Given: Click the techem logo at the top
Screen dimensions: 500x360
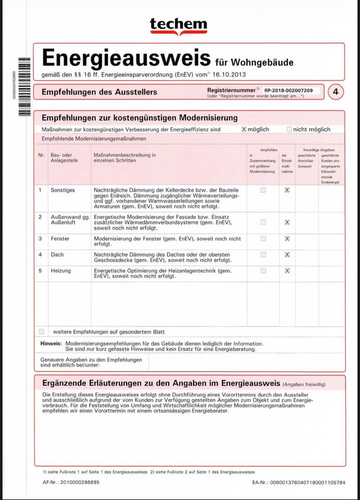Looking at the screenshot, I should (x=178, y=26).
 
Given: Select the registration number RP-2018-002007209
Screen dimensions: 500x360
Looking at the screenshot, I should (x=288, y=91).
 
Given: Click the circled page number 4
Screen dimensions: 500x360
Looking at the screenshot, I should (x=336, y=92).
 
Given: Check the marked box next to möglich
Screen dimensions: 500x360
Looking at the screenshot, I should (x=244, y=129).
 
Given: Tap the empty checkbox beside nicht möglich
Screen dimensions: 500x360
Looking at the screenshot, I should (x=289, y=129).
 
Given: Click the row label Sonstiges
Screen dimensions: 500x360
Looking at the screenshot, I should (x=63, y=190).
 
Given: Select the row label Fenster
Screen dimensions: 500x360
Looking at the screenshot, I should (x=60, y=239).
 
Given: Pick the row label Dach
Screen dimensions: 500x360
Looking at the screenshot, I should (x=57, y=255).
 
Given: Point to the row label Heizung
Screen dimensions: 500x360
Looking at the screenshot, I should (x=61, y=271).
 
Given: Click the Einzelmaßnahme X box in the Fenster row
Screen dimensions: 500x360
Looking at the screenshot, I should (x=287, y=239).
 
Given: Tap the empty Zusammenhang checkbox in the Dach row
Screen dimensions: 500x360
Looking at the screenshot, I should (x=263, y=255).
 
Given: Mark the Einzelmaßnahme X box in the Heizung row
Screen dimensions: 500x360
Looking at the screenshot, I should (x=287, y=271).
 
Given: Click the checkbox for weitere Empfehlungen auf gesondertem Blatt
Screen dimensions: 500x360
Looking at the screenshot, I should (x=41, y=331).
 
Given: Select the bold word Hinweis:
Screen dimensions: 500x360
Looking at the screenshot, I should (x=51, y=344).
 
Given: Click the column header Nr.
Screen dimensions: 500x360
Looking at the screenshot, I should (x=41, y=155).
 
